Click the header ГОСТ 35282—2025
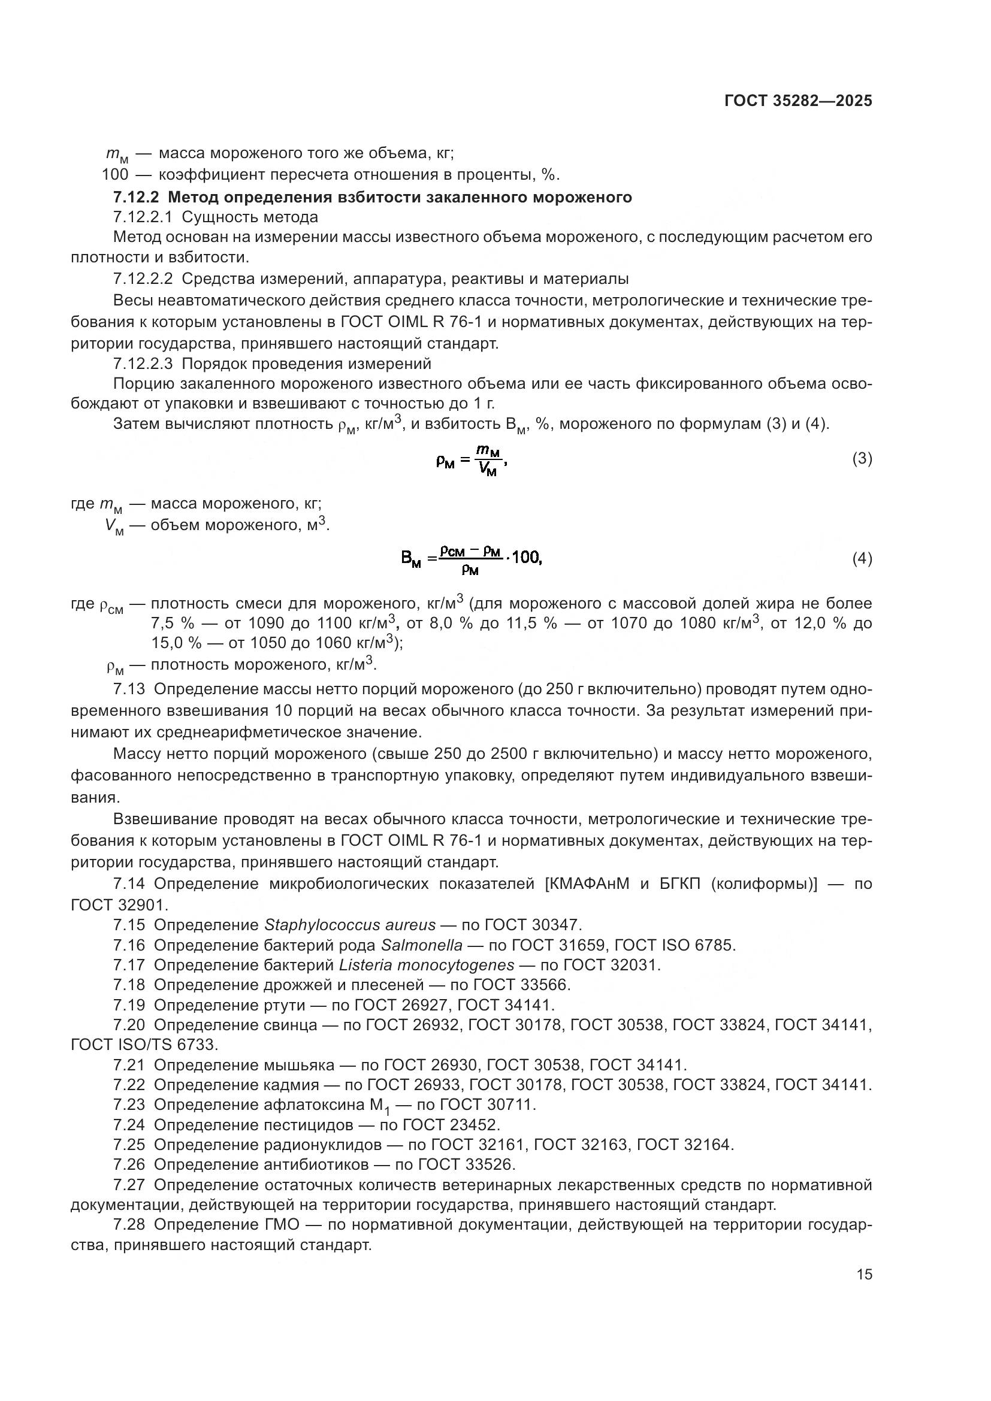(798, 101)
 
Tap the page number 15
(864, 1275)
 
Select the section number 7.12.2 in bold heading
(135, 198)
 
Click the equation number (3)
(862, 459)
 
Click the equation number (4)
(862, 559)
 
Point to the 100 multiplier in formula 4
(527, 557)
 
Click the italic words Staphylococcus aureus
(351, 925)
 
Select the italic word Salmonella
(422, 945)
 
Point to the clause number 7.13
(129, 689)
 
